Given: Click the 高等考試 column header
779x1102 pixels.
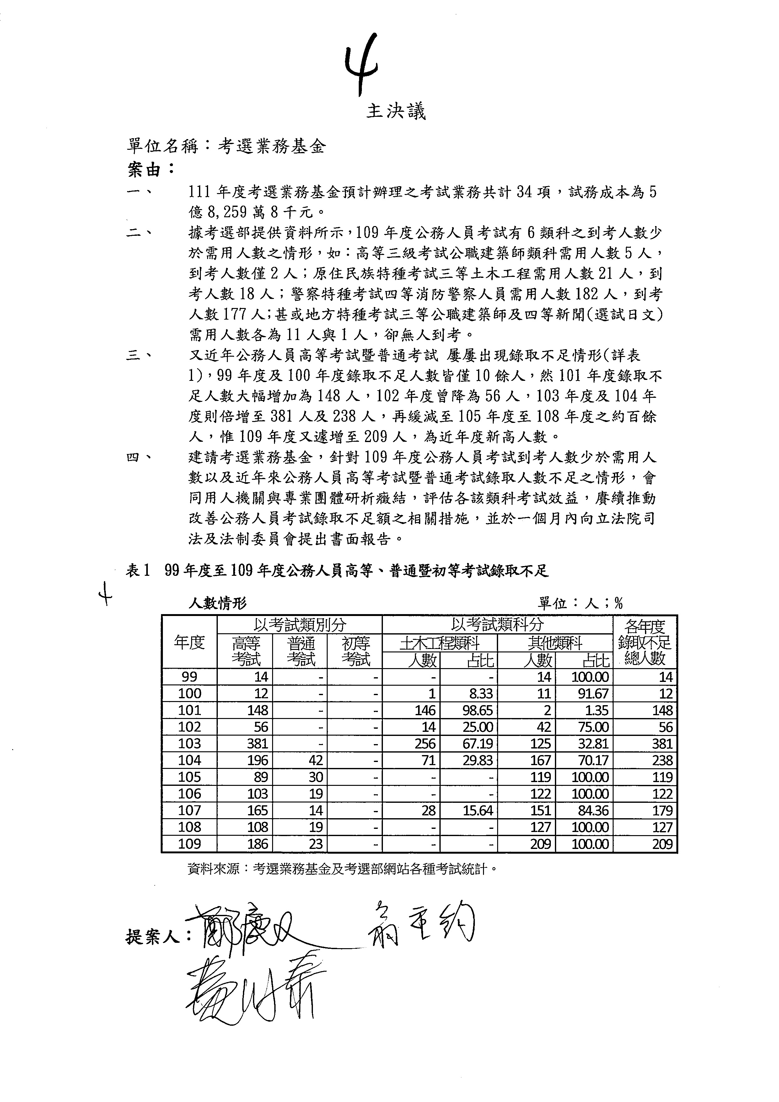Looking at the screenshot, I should [246, 651].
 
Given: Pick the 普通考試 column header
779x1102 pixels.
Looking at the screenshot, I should [301, 651].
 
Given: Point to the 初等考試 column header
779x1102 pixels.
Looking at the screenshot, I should [355, 651].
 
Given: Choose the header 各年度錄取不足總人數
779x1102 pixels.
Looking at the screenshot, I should [645, 642].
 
